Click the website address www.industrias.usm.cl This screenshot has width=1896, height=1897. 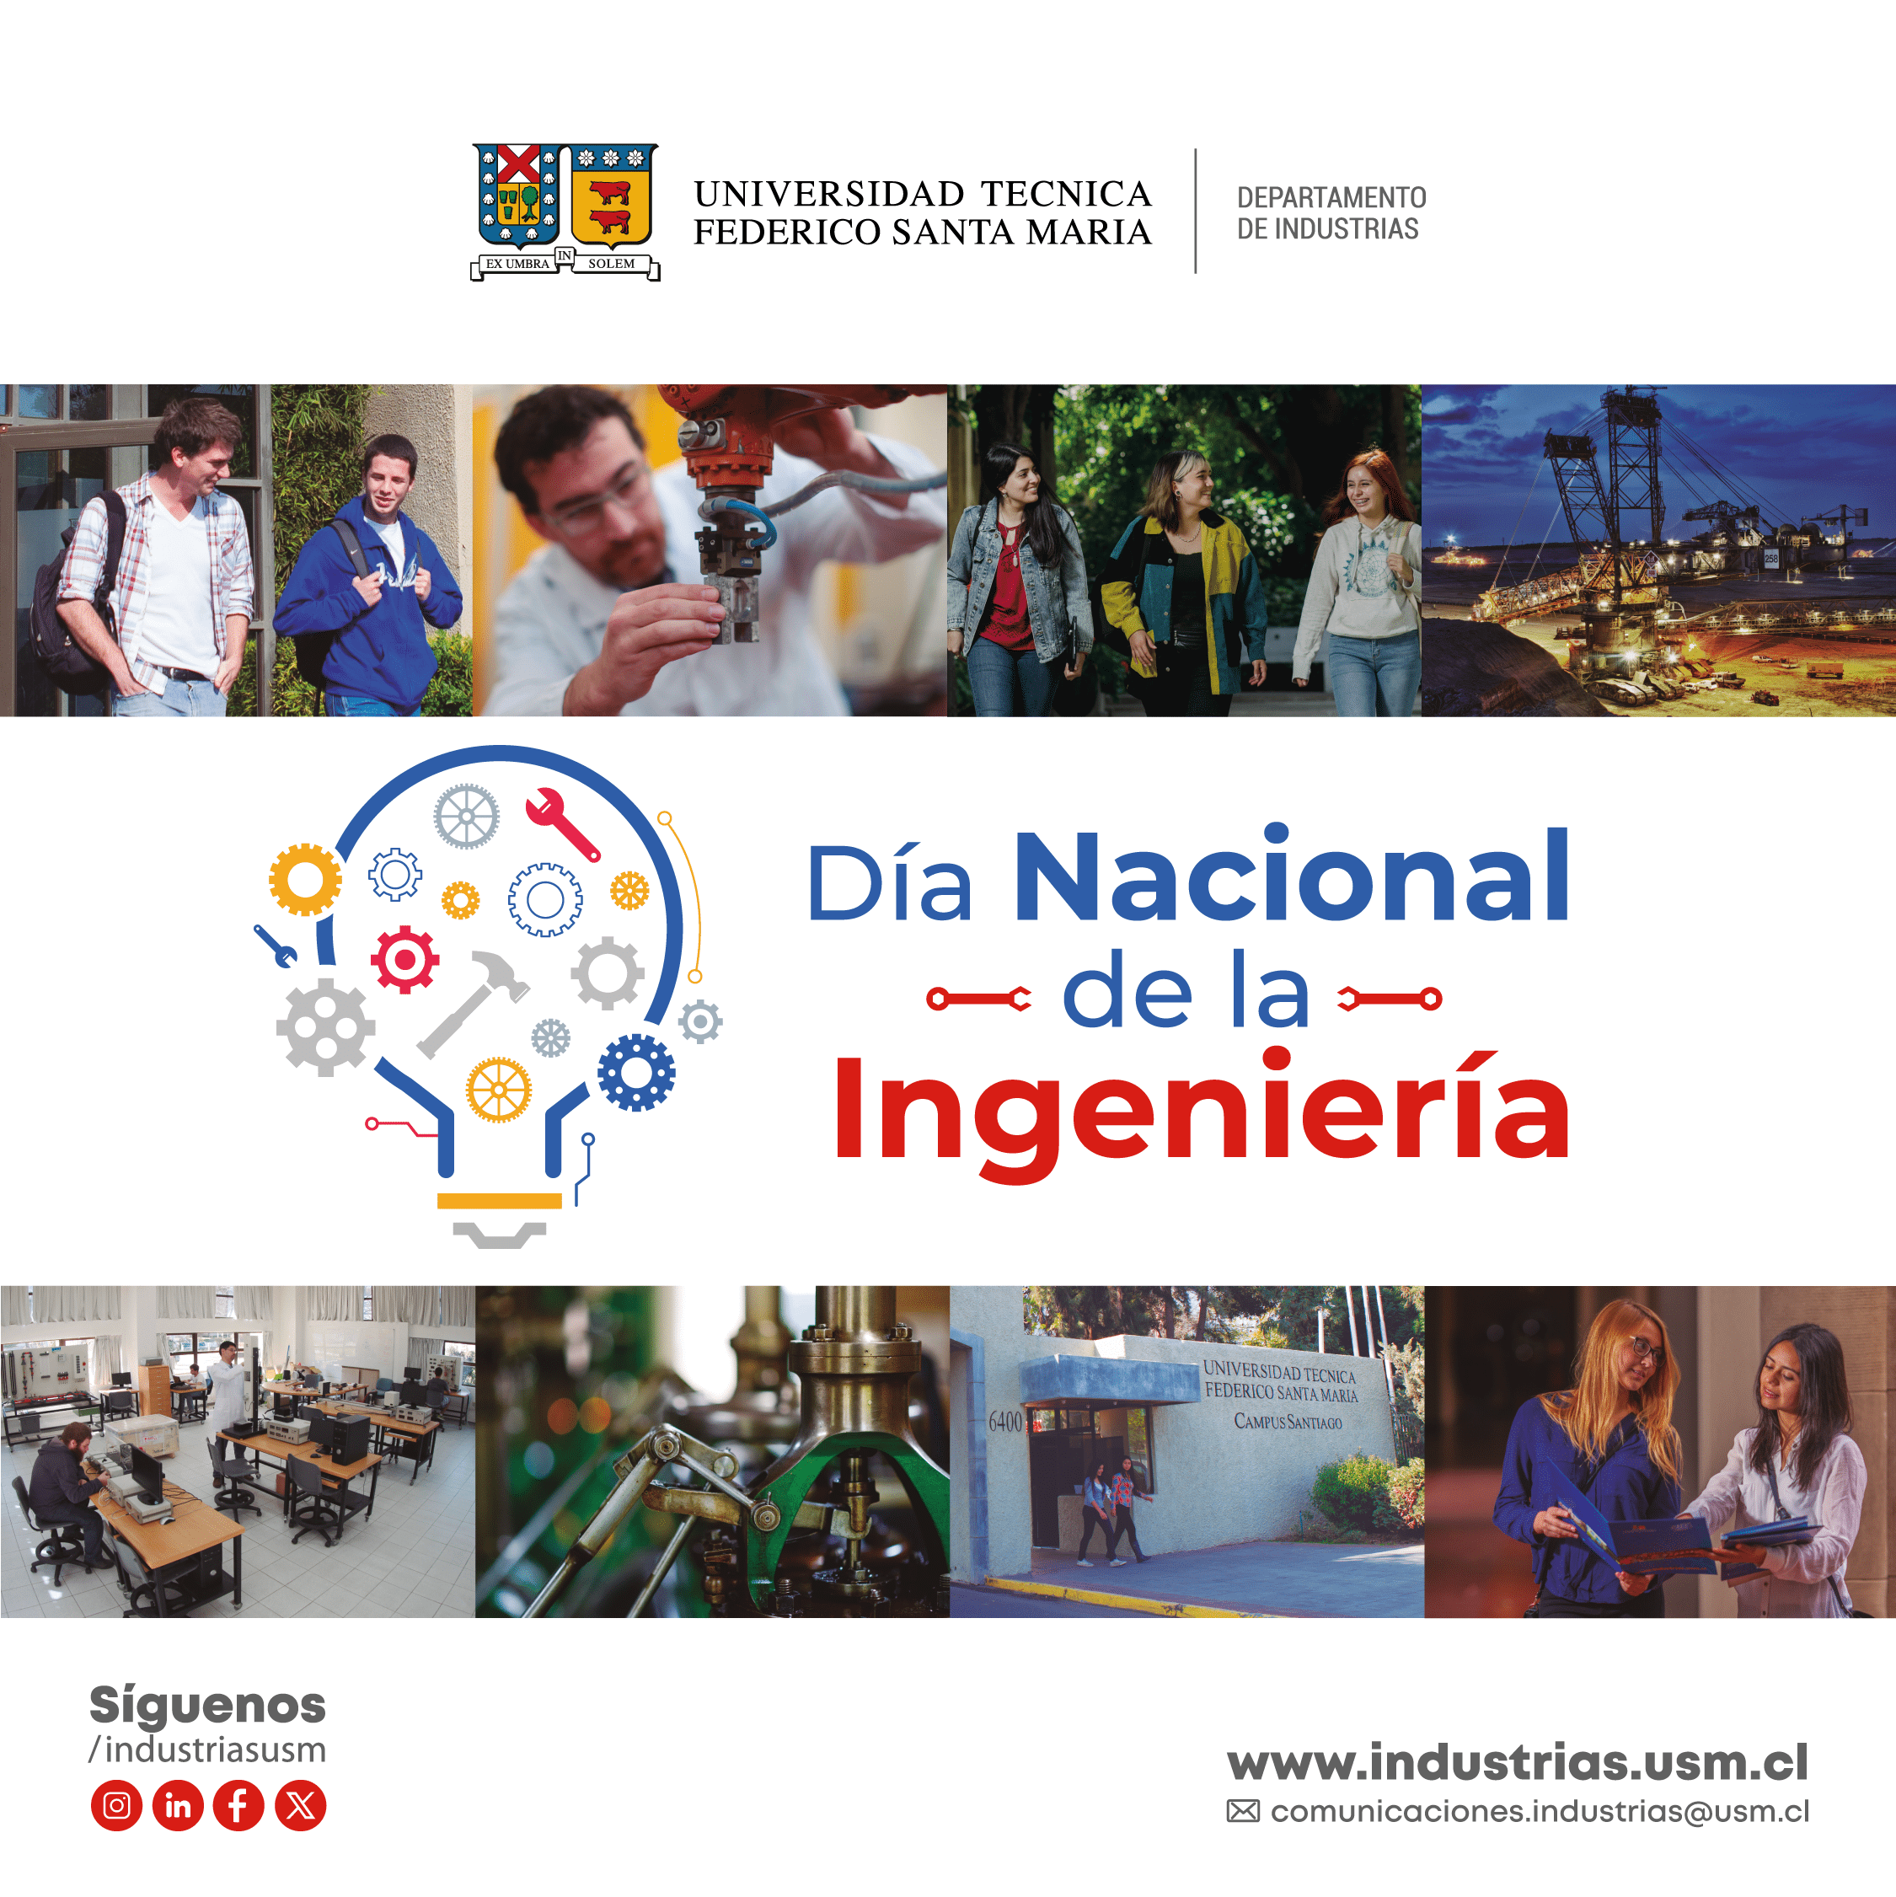click(x=1517, y=1761)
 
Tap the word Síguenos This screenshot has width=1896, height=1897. click(x=207, y=1707)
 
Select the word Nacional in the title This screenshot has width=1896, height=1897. click(x=1291, y=875)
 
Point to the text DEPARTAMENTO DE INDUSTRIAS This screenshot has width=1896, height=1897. click(x=1331, y=213)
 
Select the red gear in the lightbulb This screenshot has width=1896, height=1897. click(x=404, y=959)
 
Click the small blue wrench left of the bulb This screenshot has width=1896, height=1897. click(x=275, y=946)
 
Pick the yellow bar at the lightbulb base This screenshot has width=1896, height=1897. click(x=499, y=1201)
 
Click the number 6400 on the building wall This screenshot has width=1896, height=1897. click(x=1005, y=1422)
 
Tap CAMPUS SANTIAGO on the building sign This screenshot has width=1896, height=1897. click(x=1288, y=1421)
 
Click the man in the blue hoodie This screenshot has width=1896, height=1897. click(x=368, y=578)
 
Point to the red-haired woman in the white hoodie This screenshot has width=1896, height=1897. click(x=1360, y=582)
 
